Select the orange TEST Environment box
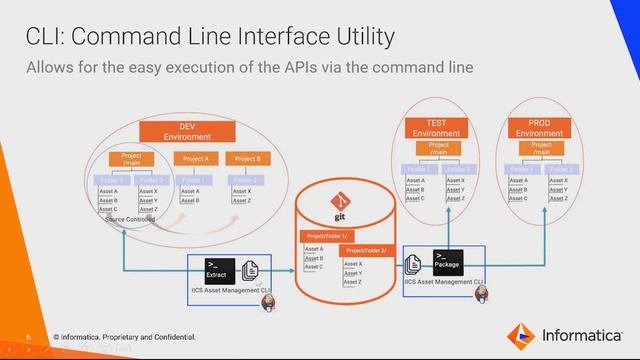436,127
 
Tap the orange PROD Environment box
540,127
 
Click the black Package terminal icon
447,262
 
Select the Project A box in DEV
197,158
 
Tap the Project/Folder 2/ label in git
366,250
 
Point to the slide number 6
30,336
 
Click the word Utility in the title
358,37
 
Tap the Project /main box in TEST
438,148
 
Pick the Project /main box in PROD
541,148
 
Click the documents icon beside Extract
251,268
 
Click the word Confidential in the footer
170,336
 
